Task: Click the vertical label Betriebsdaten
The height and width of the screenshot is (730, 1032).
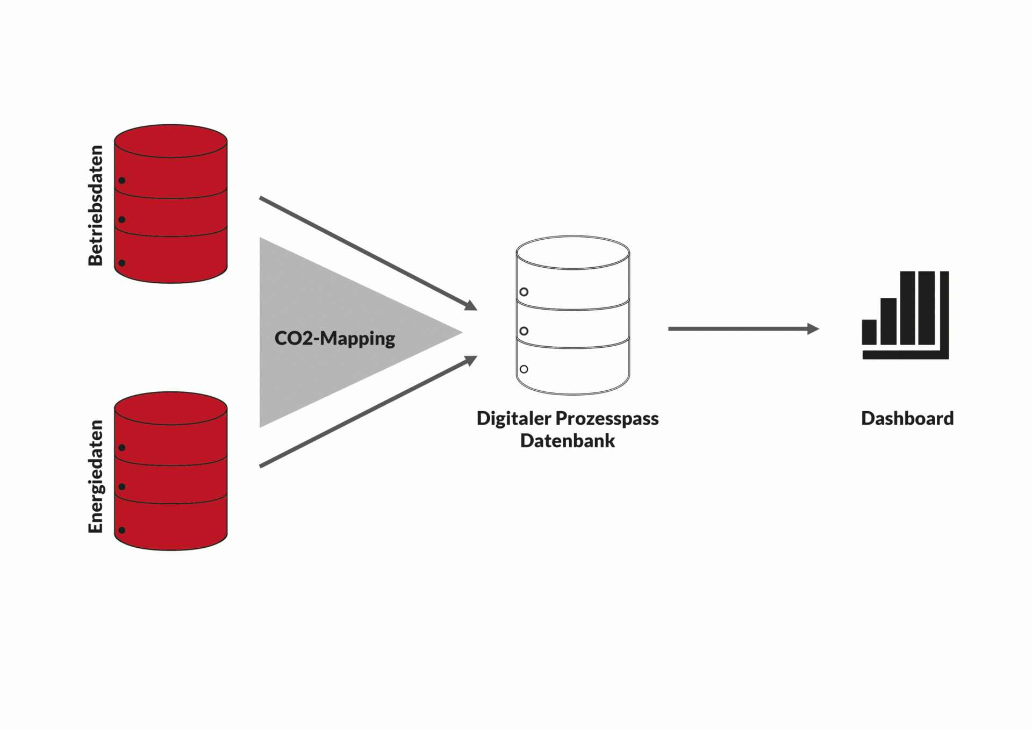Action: click(x=95, y=205)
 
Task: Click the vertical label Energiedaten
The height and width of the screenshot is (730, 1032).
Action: click(x=95, y=476)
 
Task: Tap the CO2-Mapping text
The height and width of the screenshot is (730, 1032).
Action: click(x=334, y=339)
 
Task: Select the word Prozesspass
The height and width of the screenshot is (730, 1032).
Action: click(x=607, y=419)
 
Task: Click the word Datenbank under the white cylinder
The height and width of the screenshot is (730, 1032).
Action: click(x=568, y=441)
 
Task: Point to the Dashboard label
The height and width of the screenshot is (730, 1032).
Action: click(x=907, y=418)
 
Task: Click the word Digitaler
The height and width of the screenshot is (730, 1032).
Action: click(x=513, y=419)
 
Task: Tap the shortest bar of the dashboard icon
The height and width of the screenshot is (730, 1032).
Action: click(x=869, y=332)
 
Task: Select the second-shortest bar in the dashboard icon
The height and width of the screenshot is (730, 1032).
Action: click(x=888, y=321)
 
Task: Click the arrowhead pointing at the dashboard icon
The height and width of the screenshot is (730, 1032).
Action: click(x=813, y=328)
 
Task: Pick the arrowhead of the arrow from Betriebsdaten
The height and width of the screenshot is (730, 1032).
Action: click(x=471, y=305)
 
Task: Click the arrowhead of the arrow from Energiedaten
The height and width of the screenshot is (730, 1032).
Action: click(x=471, y=360)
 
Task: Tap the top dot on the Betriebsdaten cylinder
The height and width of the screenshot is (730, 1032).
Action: click(x=122, y=180)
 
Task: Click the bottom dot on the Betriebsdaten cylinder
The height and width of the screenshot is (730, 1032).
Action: click(x=122, y=263)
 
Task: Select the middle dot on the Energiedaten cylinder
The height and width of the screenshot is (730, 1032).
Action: click(x=122, y=486)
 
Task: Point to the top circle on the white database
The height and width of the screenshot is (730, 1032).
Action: click(x=524, y=292)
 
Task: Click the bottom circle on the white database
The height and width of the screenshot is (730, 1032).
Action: click(x=524, y=369)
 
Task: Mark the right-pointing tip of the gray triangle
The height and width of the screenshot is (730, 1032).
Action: click(x=462, y=332)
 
